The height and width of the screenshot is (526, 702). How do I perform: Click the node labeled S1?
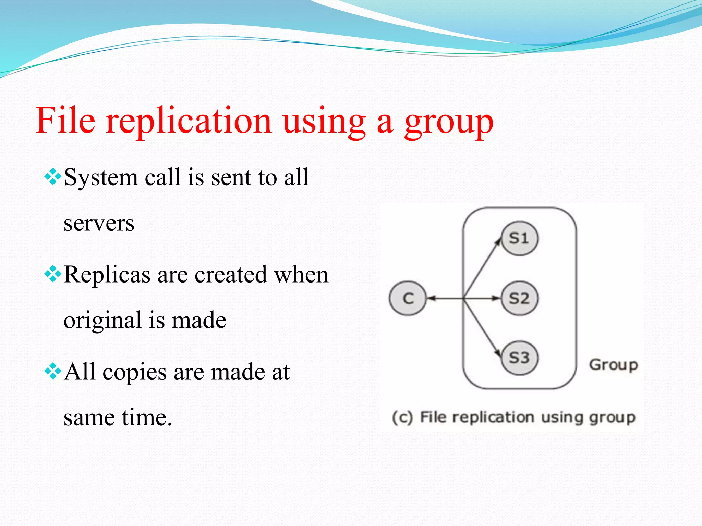point(519,238)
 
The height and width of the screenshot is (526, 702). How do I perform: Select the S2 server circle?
point(519,298)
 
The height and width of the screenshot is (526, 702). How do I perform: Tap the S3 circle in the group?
point(519,358)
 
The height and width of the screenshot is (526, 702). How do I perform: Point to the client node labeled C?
point(408,298)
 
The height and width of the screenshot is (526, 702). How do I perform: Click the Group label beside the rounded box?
point(614,365)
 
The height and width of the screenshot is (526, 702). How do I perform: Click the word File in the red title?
point(65,121)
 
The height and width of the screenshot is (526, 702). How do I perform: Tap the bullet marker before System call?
point(53,177)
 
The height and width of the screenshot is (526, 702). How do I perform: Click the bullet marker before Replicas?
point(53,274)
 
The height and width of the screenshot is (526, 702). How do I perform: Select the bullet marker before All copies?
point(53,371)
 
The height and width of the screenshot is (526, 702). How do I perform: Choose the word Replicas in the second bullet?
point(107,275)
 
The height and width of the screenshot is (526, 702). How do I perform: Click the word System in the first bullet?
point(101,178)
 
